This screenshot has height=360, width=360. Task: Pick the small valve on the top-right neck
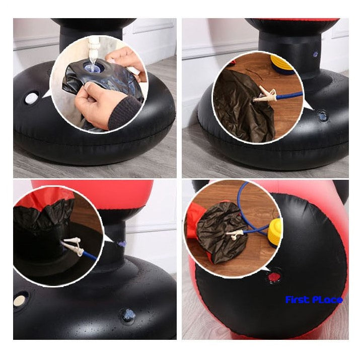click(315, 54)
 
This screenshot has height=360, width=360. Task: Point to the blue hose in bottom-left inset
click(88, 255)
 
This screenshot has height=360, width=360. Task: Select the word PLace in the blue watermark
click(327, 300)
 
